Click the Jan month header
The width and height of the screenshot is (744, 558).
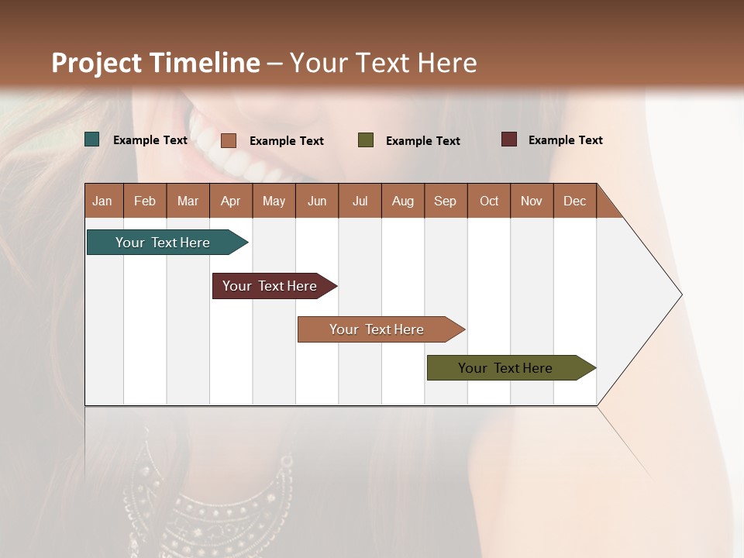103,201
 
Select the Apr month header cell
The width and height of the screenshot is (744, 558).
231,201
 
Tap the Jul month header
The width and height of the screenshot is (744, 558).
360,201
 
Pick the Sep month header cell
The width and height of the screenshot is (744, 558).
446,201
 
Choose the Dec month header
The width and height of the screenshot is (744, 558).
574,201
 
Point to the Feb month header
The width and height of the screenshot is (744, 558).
145,201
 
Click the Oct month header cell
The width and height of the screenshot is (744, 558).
489,201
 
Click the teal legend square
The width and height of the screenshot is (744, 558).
92,139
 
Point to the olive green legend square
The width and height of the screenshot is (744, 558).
366,140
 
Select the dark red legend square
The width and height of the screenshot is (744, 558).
509,139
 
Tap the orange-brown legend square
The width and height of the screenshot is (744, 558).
229,140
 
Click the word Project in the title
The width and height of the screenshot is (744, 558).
96,63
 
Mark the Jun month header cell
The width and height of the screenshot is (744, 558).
317,201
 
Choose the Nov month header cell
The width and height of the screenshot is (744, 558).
532,201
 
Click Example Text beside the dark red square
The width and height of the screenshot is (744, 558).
565,140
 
